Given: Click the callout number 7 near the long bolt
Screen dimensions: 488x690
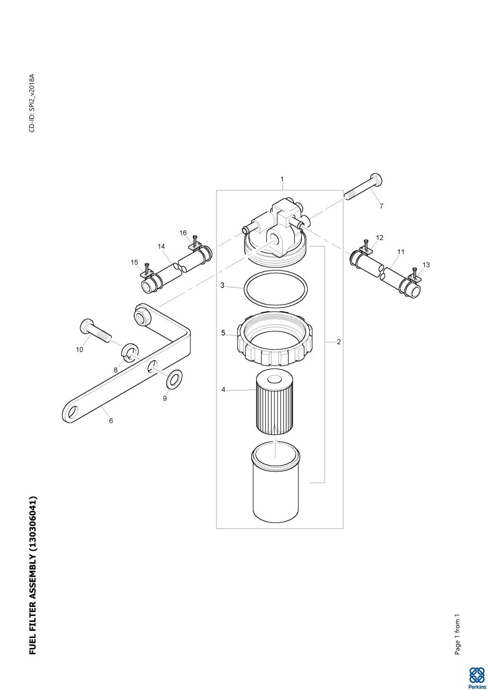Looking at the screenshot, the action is tap(381, 206).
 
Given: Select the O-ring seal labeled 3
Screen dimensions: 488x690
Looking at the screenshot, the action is tap(276, 289).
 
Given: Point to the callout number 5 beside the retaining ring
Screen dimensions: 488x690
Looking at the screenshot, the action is tap(223, 333).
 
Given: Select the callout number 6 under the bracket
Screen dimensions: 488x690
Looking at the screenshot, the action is tap(111, 420).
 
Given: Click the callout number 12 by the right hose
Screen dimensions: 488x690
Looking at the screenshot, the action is tap(379, 238).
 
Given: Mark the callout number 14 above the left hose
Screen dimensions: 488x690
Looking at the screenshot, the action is tap(161, 246).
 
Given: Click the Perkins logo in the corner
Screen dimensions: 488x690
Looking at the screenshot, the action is tap(477, 678).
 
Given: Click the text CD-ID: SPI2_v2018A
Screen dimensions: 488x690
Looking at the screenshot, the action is tap(32, 103).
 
